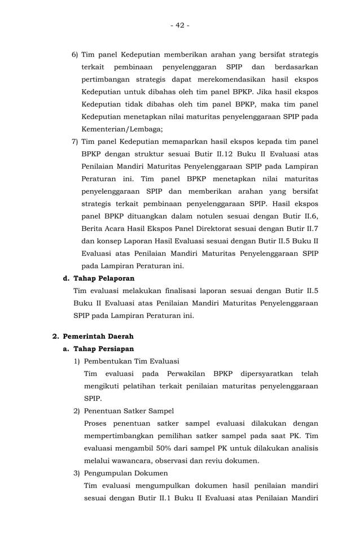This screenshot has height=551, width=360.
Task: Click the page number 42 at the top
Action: coord(180,25)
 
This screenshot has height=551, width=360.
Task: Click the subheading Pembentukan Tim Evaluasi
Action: coord(131,361)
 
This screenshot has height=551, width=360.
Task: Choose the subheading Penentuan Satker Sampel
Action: coord(129,411)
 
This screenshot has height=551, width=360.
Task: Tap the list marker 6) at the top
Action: coord(74,55)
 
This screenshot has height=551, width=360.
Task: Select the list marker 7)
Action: coord(74,141)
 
